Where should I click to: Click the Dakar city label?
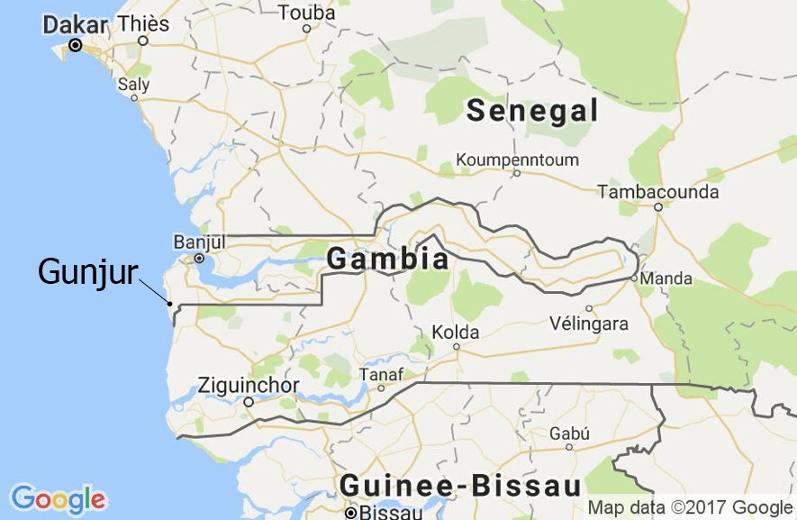tap(75, 24)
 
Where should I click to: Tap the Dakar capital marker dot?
tap(76, 45)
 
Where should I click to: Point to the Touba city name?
tap(306, 13)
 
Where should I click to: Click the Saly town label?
tap(134, 84)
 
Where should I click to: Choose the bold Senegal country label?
tap(532, 111)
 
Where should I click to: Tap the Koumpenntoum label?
tap(517, 160)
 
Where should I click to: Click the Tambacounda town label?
tap(658, 192)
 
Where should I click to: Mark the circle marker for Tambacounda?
tap(658, 207)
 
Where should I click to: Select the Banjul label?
tap(199, 242)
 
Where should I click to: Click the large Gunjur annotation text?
tap(87, 271)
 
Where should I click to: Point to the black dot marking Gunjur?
tap(170, 304)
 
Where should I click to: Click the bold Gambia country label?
tap(387, 260)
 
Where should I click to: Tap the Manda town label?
tap(666, 278)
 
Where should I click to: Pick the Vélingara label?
tap(589, 323)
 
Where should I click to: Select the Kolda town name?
tap(456, 332)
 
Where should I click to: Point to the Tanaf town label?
tap(381, 374)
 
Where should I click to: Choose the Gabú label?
tap(569, 433)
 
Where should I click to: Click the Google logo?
tap(59, 498)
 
